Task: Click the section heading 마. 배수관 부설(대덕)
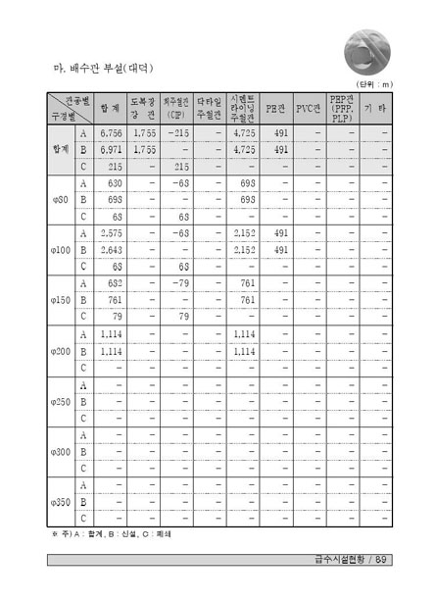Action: click(103, 71)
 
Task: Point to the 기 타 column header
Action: click(373, 107)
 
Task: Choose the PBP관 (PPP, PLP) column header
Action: click(342, 107)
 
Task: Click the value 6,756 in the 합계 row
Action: click(112, 132)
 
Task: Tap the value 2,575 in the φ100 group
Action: click(112, 233)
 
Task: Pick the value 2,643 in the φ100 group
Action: click(112, 250)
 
